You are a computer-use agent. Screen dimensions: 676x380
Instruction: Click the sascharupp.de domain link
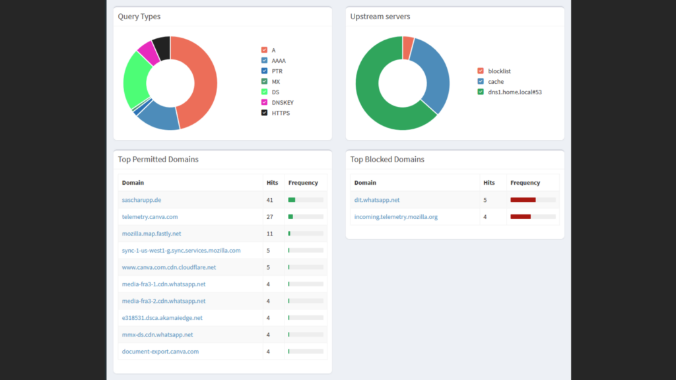[141, 200]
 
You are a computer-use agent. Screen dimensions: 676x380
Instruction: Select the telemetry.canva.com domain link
[150, 216]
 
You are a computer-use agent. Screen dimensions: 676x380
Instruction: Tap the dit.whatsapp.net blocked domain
[377, 200]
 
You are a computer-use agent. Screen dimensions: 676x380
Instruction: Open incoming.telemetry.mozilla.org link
[396, 216]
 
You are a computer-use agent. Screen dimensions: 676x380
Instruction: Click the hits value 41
[270, 200]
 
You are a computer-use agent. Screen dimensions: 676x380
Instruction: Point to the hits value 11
[270, 234]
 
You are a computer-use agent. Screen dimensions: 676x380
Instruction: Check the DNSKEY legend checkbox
[264, 102]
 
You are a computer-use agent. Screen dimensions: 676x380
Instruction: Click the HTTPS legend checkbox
[264, 112]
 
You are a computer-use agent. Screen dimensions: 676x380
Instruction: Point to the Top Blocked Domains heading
[387, 160]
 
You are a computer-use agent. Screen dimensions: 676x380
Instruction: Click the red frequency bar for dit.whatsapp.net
[523, 200]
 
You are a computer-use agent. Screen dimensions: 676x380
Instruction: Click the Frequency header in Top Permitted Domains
[303, 183]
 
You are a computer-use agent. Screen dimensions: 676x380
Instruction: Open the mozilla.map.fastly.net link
[151, 234]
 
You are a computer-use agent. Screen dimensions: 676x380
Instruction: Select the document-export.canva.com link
[160, 352]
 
